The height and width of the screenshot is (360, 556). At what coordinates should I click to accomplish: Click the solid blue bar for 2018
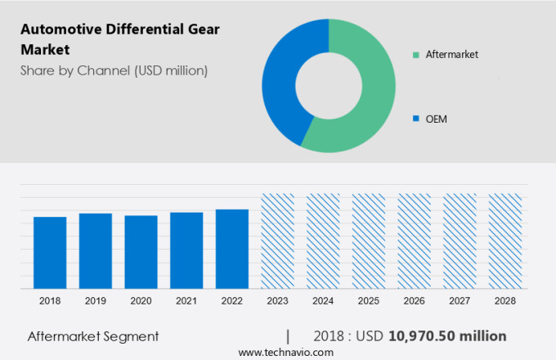(x=50, y=253)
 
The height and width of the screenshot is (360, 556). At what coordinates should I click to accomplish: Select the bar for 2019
(x=96, y=251)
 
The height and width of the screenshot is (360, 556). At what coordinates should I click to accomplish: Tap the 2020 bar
(x=141, y=252)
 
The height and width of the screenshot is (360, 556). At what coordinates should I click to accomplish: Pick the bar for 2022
(x=232, y=249)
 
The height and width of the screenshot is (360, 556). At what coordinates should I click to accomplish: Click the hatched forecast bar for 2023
(x=277, y=241)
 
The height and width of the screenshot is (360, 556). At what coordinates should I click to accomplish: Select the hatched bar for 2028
(x=504, y=241)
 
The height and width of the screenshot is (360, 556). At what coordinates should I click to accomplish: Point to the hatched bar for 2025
(x=368, y=241)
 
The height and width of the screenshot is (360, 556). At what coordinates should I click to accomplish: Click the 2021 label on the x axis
(x=186, y=301)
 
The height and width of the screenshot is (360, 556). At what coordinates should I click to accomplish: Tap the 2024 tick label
(x=323, y=301)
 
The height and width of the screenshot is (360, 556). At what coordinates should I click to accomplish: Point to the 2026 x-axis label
(x=414, y=301)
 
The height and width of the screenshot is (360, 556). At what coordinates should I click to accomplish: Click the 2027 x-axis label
(x=460, y=301)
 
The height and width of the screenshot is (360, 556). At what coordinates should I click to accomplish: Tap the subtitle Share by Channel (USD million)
(x=114, y=70)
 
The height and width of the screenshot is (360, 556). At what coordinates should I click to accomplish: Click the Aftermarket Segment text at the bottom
(x=93, y=336)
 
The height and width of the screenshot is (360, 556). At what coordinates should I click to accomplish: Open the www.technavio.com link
(x=285, y=352)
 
